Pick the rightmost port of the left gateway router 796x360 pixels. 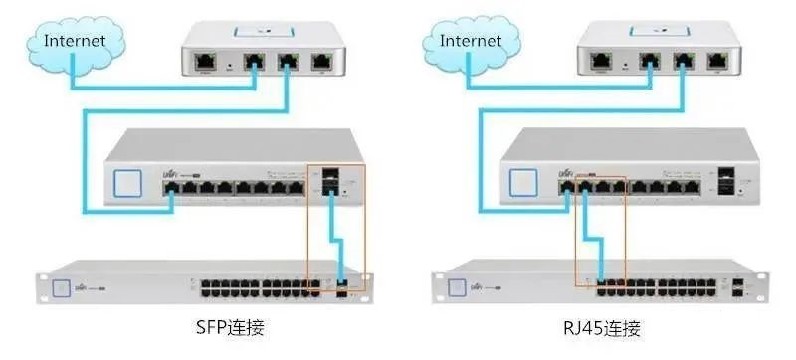coord(320,61)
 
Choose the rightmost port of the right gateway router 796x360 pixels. coord(717,61)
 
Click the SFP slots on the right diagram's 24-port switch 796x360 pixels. coord(737,288)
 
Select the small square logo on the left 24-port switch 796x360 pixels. coord(60,287)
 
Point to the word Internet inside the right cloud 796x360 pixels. coord(471,42)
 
